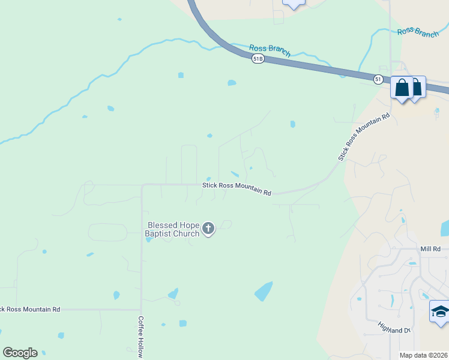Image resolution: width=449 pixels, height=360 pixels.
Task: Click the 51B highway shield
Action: click(258, 58)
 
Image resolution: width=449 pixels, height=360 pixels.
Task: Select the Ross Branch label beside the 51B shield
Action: click(270, 50)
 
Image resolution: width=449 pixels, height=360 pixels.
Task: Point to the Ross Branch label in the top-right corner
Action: click(418, 32)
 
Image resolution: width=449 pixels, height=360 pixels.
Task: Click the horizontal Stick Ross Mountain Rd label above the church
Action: click(237, 189)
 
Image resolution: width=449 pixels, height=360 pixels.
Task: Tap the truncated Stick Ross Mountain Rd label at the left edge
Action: click(30, 310)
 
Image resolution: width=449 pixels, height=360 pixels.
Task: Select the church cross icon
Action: click(208, 228)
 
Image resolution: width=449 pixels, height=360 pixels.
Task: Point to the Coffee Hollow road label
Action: click(141, 337)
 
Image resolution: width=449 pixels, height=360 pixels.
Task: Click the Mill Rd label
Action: click(430, 248)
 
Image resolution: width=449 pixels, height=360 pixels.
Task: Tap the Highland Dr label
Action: click(394, 327)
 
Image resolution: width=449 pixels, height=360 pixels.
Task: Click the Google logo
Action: click(20, 353)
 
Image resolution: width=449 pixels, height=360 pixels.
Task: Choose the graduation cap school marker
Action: click(440, 312)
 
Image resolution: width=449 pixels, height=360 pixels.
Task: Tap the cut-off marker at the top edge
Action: click(294, 3)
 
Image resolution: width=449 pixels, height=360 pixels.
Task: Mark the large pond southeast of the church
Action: click(264, 291)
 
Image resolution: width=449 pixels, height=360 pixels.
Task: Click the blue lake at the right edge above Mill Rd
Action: click(445, 228)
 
